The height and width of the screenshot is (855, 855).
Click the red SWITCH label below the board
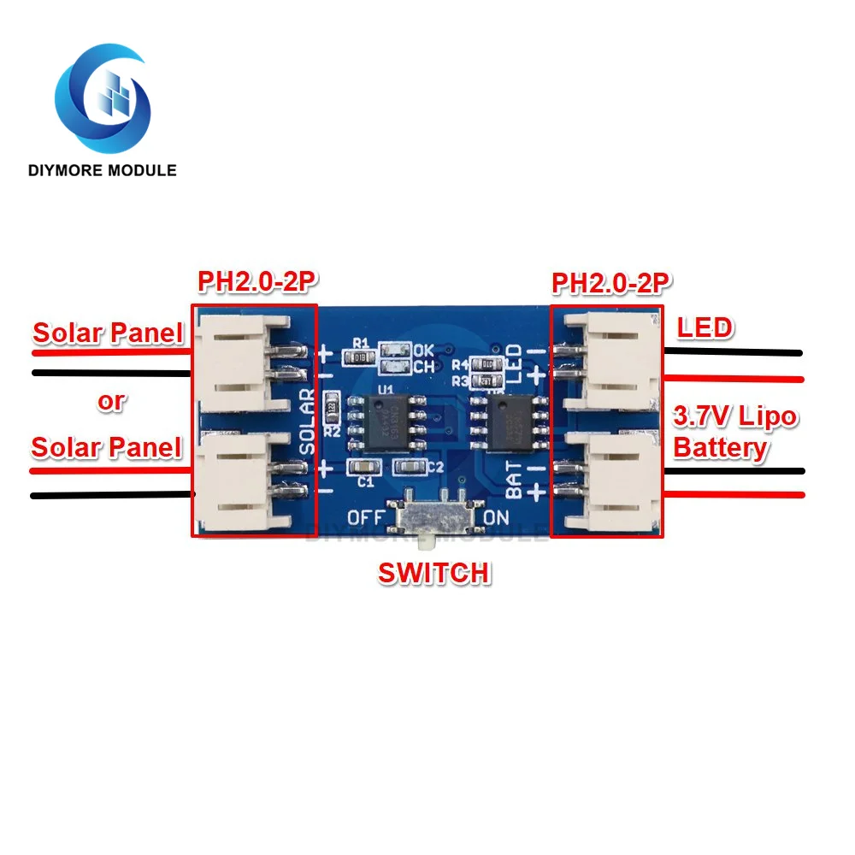[434, 573]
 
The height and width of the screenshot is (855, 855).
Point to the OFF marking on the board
[365, 518]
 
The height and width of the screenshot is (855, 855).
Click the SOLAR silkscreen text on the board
[308, 420]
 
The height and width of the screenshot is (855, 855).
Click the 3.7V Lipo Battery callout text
[734, 433]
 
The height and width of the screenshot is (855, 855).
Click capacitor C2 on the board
[411, 466]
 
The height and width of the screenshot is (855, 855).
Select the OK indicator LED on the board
[394, 350]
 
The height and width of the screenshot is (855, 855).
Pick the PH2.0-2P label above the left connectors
[252, 281]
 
